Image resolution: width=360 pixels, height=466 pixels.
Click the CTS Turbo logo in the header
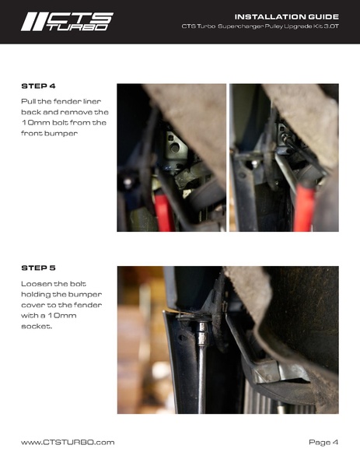coord(67,22)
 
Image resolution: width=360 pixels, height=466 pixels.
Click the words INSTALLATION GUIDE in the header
coord(287,16)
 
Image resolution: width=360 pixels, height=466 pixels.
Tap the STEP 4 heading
coord(38,86)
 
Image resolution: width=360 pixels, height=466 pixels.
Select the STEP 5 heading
coord(38,268)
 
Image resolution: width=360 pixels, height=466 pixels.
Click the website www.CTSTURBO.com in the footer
coord(68,442)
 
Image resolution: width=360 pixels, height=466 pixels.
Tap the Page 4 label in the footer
coord(323,442)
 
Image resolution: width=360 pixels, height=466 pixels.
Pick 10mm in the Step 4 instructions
coord(35,123)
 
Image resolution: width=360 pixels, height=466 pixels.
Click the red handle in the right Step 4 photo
coord(304,207)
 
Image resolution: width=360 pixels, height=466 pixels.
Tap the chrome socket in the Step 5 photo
coord(203,334)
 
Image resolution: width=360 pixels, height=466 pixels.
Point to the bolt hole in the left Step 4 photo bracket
coord(175,147)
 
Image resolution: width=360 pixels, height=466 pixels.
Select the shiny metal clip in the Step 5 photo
coord(278,373)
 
